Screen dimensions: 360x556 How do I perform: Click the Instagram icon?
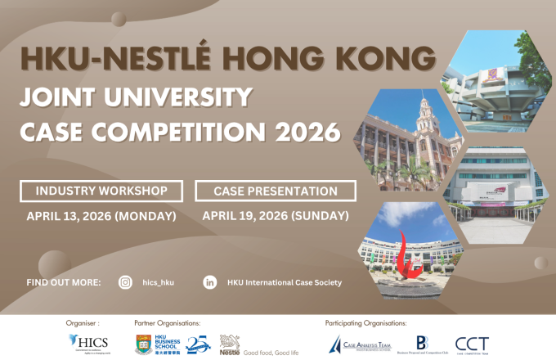pyautogui.click(x=125, y=282)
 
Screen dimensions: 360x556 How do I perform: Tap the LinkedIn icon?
pyautogui.click(x=210, y=282)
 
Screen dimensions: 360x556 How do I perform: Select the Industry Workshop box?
pyautogui.click(x=102, y=191)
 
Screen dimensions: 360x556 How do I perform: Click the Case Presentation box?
pyautogui.click(x=276, y=191)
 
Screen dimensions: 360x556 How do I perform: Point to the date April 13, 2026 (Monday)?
pyautogui.click(x=101, y=216)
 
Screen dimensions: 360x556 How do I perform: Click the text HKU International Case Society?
pyautogui.click(x=285, y=282)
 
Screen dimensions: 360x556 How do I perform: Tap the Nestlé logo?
pyautogui.click(x=231, y=344)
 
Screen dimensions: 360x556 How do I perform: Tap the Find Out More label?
pyautogui.click(x=64, y=282)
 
